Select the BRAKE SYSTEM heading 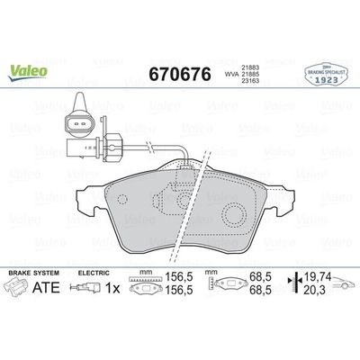click(x=31, y=271)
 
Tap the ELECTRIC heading click(x=97, y=271)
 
